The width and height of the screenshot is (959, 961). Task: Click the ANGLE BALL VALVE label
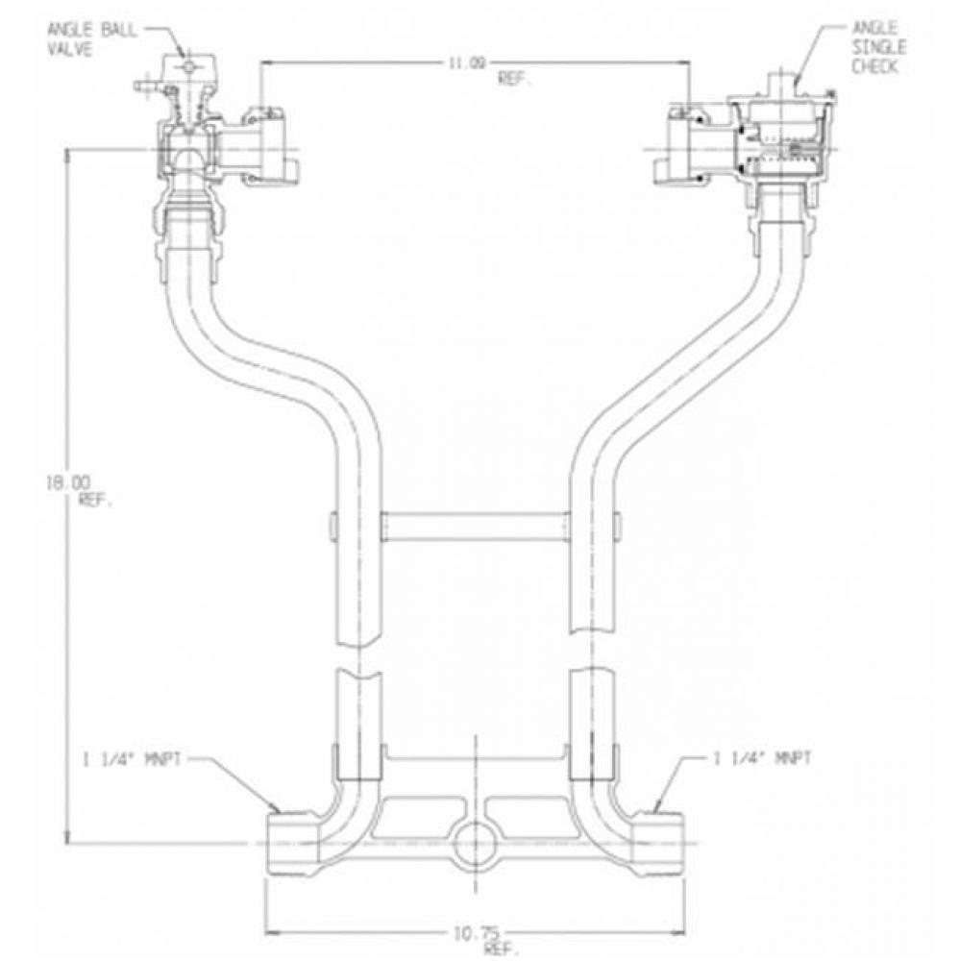click(x=92, y=39)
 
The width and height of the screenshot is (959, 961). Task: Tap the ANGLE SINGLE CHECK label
click(x=873, y=47)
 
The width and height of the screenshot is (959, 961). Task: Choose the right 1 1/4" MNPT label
click(x=765, y=758)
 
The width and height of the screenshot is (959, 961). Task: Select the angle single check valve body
click(x=778, y=144)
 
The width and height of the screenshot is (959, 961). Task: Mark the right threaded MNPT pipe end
click(x=662, y=841)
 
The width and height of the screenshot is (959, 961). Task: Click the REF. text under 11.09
click(x=515, y=81)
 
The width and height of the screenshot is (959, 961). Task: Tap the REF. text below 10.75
click(x=495, y=921)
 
